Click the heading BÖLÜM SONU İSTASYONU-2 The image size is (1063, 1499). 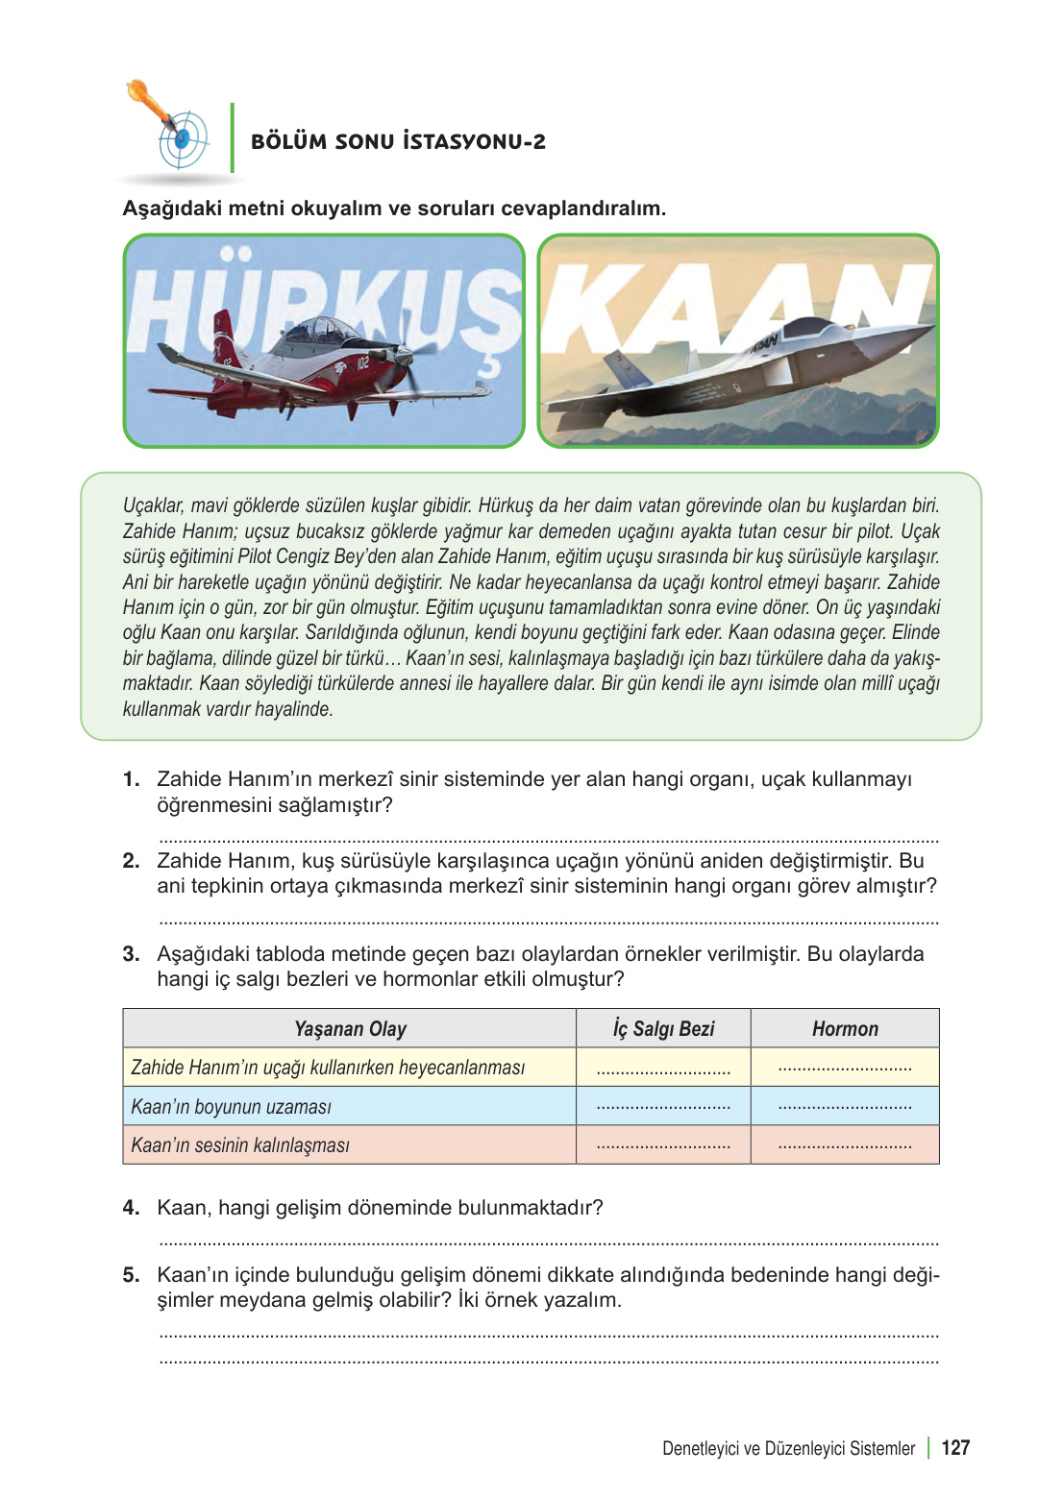pos(398,141)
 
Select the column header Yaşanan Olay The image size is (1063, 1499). pos(350,1029)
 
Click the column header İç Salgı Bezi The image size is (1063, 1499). pos(663,1029)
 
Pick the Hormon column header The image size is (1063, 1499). pos(845,1029)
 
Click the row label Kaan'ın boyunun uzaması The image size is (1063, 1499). pos(232,1107)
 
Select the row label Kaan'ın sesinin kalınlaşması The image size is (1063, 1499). pos(240,1145)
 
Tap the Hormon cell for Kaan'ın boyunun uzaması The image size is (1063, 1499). pos(845,1106)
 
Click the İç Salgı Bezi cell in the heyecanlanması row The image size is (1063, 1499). pos(663,1068)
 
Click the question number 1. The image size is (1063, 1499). pos(131,779)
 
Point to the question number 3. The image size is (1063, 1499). pos(131,954)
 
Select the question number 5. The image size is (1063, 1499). pos(131,1275)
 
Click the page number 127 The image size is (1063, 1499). pos(955,1448)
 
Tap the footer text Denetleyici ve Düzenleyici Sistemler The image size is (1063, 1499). pos(788,1449)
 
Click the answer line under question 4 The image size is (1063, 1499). pos(548,1242)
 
